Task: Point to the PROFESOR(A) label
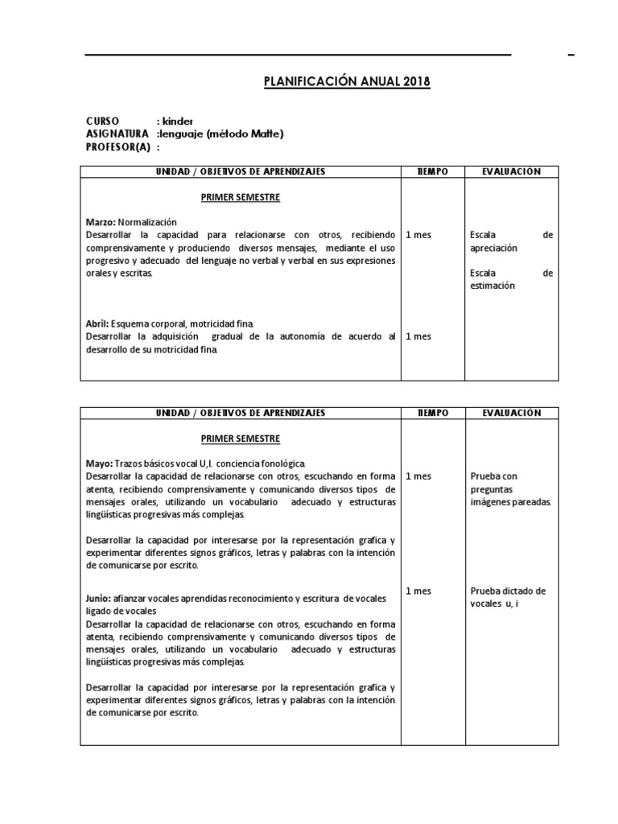[x=117, y=147]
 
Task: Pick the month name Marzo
[x=101, y=221]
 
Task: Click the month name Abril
[x=97, y=323]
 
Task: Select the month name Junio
[x=99, y=599]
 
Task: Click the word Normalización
[x=148, y=221]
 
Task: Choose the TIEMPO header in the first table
[x=432, y=171]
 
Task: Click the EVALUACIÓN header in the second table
[x=511, y=413]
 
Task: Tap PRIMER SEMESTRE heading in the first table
[x=241, y=197]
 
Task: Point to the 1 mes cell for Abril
[x=418, y=336]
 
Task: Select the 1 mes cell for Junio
[x=418, y=591]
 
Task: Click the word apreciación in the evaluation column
[x=494, y=249]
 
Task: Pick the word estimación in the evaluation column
[x=492, y=286]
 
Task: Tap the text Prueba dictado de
[x=508, y=591]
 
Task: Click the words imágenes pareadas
[x=510, y=502]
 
